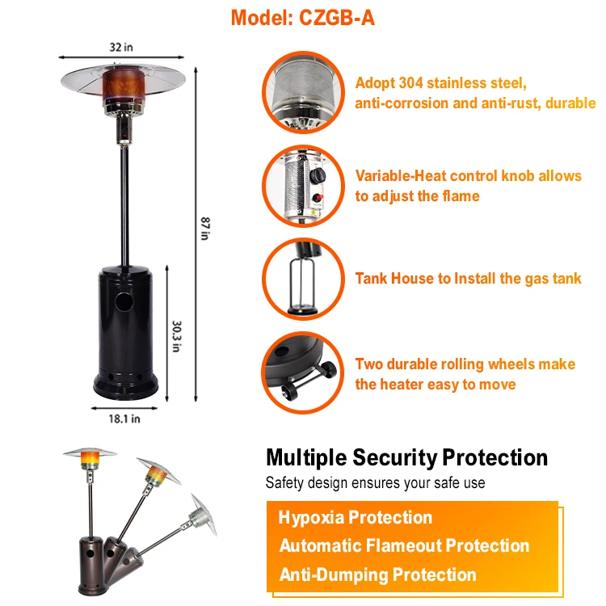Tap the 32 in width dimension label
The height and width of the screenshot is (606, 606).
click(x=122, y=48)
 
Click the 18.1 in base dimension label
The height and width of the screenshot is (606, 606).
click(x=124, y=418)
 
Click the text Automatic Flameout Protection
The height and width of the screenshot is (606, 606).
click(x=404, y=546)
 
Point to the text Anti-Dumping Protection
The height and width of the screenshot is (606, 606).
click(x=377, y=575)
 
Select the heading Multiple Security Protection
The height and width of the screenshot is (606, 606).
click(x=406, y=458)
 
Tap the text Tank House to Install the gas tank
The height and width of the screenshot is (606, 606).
click(x=468, y=279)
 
